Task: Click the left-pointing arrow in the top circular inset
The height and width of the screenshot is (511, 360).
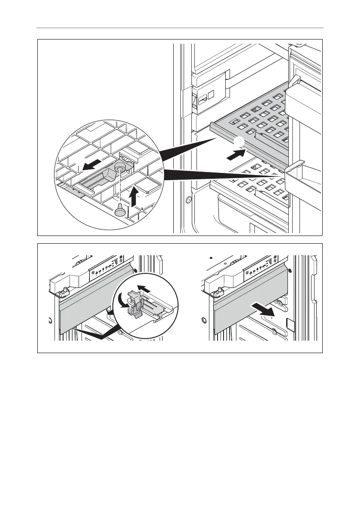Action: point(94,164)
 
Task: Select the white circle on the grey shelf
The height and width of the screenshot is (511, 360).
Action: point(239,142)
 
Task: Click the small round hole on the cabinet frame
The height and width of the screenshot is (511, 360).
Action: point(188,200)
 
